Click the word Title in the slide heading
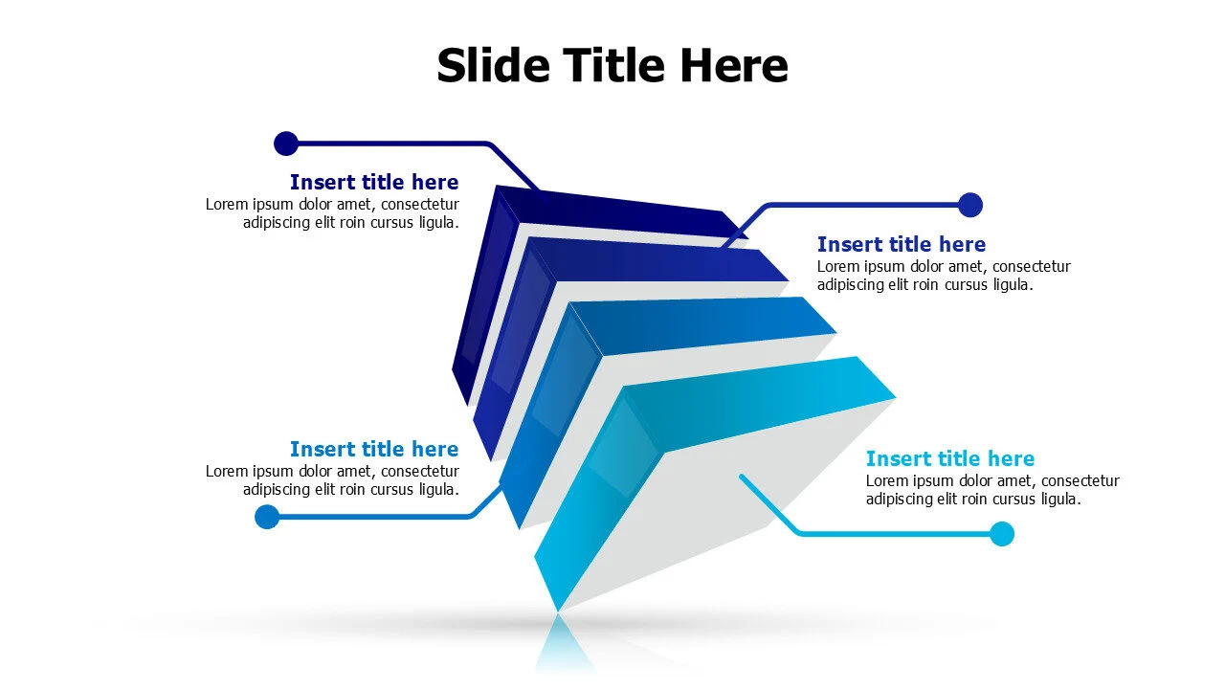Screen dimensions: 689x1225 click(613, 66)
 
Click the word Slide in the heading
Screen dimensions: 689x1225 click(493, 66)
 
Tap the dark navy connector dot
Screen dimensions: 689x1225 click(286, 144)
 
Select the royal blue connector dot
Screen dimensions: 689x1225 click(970, 205)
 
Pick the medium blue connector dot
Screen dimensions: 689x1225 click(267, 517)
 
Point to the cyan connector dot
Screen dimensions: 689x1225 click(1002, 534)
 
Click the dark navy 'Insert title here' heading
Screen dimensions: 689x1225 click(374, 182)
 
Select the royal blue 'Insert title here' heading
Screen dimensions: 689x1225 click(902, 244)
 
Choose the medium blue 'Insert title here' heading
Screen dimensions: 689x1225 click(374, 449)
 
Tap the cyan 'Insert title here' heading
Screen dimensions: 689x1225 click(950, 458)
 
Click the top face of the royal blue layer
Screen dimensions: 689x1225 click(660, 261)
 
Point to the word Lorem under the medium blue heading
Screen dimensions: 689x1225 click(227, 471)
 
